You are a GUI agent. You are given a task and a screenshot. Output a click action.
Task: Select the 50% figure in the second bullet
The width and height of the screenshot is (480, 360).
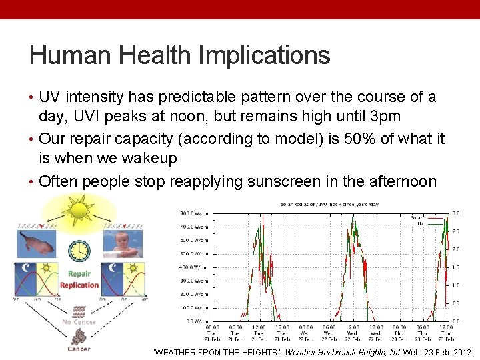[x=343, y=139]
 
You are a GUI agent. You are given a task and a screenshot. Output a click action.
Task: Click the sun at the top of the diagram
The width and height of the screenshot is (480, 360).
[x=79, y=210]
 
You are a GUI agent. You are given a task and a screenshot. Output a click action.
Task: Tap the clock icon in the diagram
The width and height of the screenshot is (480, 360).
[x=79, y=250]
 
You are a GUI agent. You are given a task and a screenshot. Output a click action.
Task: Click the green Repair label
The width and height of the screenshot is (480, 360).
[x=79, y=274]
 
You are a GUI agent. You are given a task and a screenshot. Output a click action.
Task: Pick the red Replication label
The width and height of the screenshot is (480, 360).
[x=79, y=285]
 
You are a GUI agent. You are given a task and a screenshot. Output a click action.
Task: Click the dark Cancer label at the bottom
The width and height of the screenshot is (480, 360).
[x=79, y=348]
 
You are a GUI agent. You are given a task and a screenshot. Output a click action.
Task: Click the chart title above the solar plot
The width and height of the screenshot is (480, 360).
[x=329, y=204]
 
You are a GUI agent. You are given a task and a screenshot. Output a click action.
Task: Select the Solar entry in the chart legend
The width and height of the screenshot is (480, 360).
[x=417, y=217]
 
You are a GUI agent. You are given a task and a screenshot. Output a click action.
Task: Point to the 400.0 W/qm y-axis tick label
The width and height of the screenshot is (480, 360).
[x=195, y=267]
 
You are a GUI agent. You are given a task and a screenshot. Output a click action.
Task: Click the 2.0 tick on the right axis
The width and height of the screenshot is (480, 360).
[x=456, y=249]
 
